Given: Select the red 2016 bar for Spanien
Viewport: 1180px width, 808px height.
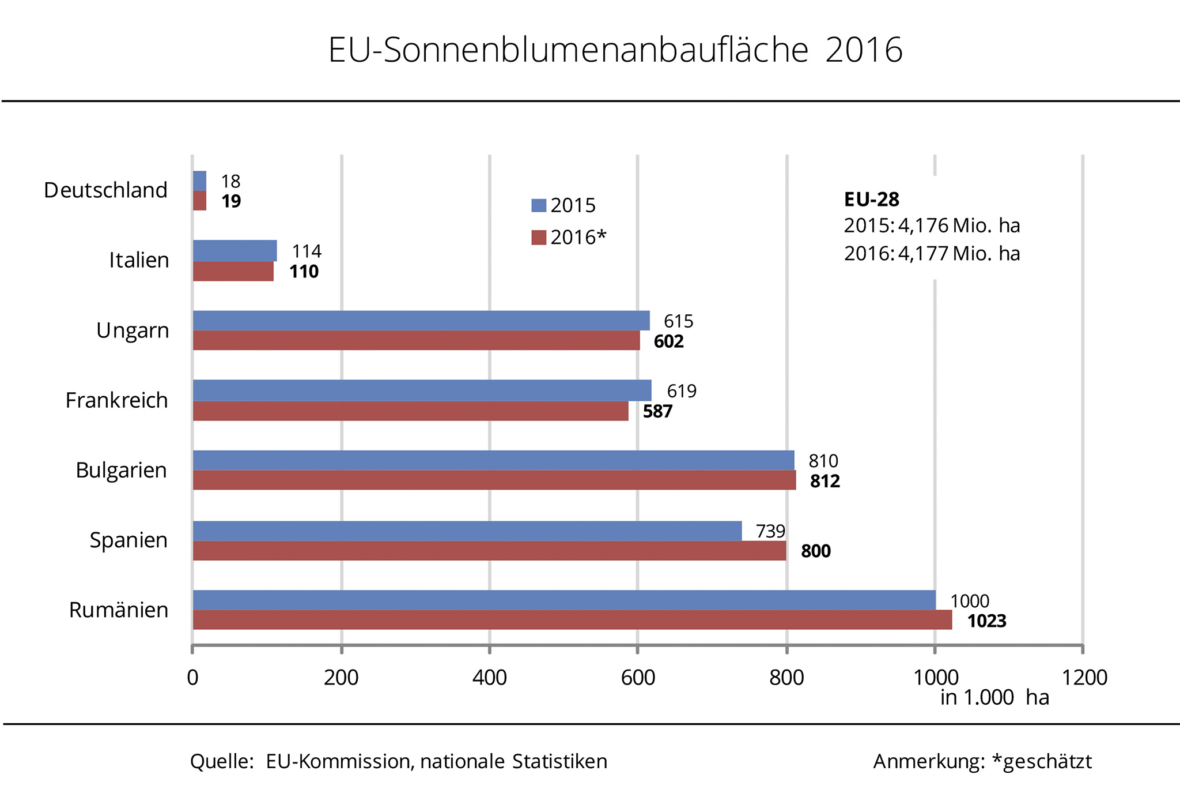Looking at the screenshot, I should (489, 551).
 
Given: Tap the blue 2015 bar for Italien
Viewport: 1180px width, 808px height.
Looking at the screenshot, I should (235, 250).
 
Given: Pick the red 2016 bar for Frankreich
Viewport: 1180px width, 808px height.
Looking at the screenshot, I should (410, 411).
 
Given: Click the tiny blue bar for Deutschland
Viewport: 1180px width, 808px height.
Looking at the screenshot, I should (199, 181).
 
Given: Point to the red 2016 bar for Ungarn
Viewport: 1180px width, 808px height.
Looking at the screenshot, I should (416, 340).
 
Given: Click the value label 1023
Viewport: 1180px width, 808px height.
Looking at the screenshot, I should (986, 621).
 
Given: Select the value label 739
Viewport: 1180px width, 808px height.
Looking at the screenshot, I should (770, 531).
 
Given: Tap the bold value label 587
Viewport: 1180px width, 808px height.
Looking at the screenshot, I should (657, 411).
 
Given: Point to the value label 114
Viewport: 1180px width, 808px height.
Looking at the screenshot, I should (307, 251).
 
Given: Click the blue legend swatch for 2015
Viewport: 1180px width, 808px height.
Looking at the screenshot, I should (539, 205).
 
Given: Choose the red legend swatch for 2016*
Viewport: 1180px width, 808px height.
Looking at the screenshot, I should (539, 238).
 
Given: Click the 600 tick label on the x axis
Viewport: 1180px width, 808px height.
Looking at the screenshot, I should (638, 677).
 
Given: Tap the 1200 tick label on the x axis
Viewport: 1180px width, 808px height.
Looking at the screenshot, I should (1084, 677).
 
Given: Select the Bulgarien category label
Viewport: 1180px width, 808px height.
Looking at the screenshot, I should (121, 470).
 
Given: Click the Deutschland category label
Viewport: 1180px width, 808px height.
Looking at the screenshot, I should (105, 190).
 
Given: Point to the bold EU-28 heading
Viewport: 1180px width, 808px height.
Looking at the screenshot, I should (871, 200).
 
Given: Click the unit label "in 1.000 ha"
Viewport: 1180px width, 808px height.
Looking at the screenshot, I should (994, 697).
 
